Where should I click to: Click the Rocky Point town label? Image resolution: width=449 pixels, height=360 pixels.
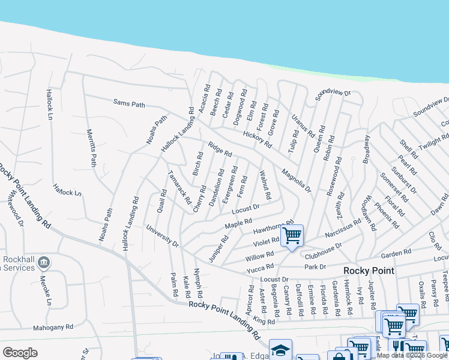click(369, 271)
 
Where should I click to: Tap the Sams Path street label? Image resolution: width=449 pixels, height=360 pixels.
click(129, 104)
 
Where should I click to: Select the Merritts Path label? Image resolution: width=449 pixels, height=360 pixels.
click(91, 148)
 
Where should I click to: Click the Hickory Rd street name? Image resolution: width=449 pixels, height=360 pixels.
click(258, 139)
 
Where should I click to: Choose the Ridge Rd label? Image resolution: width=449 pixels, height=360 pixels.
click(220, 148)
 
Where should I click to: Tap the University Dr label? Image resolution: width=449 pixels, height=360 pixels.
click(163, 236)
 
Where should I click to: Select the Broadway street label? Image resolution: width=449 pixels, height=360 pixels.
click(367, 149)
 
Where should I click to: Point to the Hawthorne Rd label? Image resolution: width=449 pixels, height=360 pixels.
click(273, 227)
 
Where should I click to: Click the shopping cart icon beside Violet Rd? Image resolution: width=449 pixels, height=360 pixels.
click(292, 235)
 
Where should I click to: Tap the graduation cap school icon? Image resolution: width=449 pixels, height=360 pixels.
click(280, 350)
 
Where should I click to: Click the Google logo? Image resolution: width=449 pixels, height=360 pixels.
click(20, 352)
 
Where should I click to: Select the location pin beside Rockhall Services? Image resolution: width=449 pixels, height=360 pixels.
click(43, 263)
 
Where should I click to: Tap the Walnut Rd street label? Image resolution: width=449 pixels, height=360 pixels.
click(265, 185)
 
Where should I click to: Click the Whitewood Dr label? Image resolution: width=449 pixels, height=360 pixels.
click(15, 213)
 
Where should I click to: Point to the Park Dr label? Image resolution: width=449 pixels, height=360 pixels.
click(315, 266)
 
